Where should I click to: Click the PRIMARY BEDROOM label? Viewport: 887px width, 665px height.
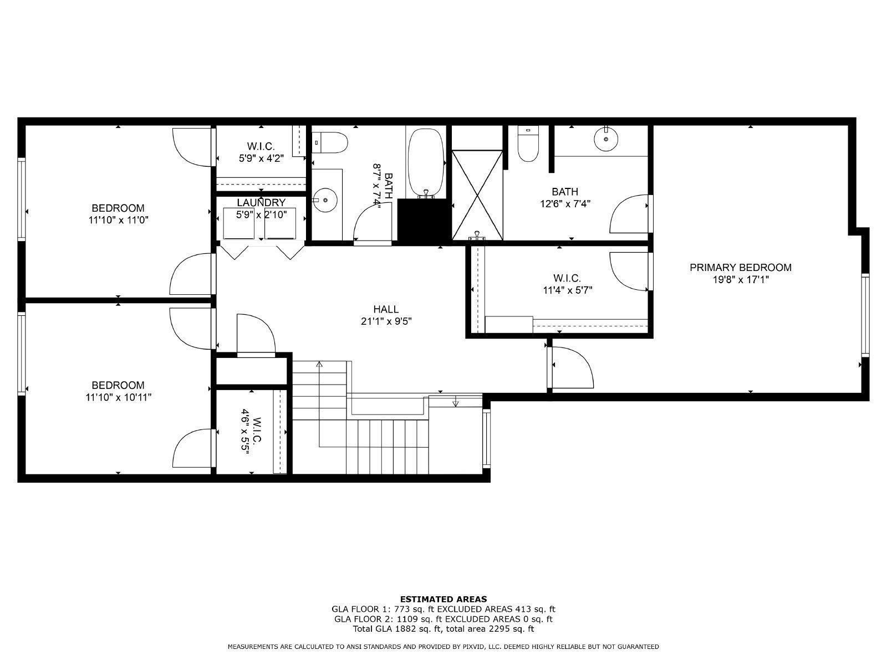pyautogui.click(x=740, y=268)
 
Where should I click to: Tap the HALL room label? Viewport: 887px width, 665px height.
pyautogui.click(x=386, y=309)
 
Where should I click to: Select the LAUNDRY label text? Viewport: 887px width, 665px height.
pyautogui.click(x=261, y=203)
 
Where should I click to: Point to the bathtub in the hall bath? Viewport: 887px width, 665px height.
pyautogui.click(x=426, y=162)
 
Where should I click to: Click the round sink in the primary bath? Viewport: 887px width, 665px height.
pyautogui.click(x=606, y=139)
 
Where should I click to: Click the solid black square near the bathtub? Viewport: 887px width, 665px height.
pyautogui.click(x=424, y=220)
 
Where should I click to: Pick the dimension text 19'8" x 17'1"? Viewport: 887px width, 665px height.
pyautogui.click(x=740, y=280)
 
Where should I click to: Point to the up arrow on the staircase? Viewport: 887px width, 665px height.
pyautogui.click(x=319, y=365)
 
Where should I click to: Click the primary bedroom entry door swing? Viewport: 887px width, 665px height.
pyautogui.click(x=574, y=369)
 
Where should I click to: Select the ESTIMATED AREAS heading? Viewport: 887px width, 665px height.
pyautogui.click(x=443, y=599)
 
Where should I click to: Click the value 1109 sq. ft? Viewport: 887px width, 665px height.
pyautogui.click(x=400, y=619)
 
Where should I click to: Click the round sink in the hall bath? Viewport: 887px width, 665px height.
pyautogui.click(x=325, y=199)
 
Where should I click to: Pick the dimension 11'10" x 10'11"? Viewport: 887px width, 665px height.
pyautogui.click(x=118, y=397)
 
